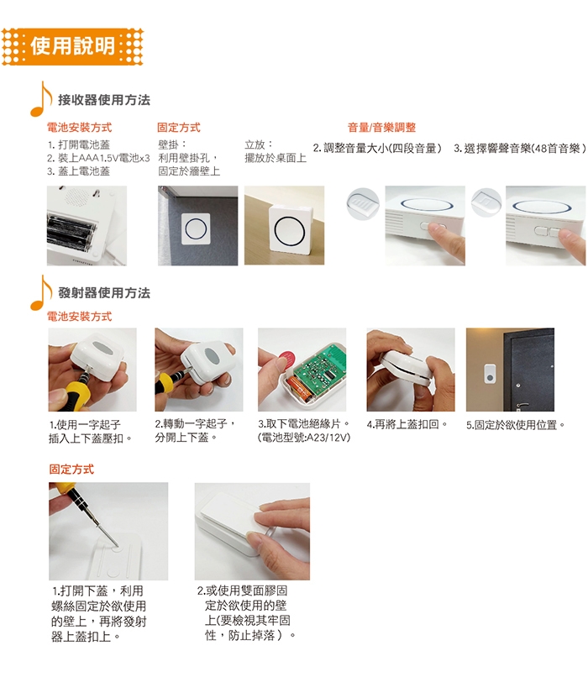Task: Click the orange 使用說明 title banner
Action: coord(72,47)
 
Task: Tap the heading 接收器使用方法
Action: coord(104,100)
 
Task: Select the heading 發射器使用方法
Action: coord(104,293)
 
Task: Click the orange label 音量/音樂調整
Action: coord(381,128)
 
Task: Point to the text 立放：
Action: coord(259,144)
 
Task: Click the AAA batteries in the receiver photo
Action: coord(71,233)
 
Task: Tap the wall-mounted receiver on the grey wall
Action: coord(196,228)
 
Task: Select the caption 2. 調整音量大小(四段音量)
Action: coord(377,148)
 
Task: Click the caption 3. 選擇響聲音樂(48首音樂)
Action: coord(520,148)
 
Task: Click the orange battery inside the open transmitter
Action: coord(302,388)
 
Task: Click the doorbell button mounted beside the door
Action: coord(490,375)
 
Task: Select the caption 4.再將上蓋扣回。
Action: coord(407,424)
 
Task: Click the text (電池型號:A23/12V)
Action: coord(304,438)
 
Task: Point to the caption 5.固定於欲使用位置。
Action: coord(516,425)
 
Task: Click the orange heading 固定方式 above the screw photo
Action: coord(71,470)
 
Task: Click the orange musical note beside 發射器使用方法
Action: coord(41,291)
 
